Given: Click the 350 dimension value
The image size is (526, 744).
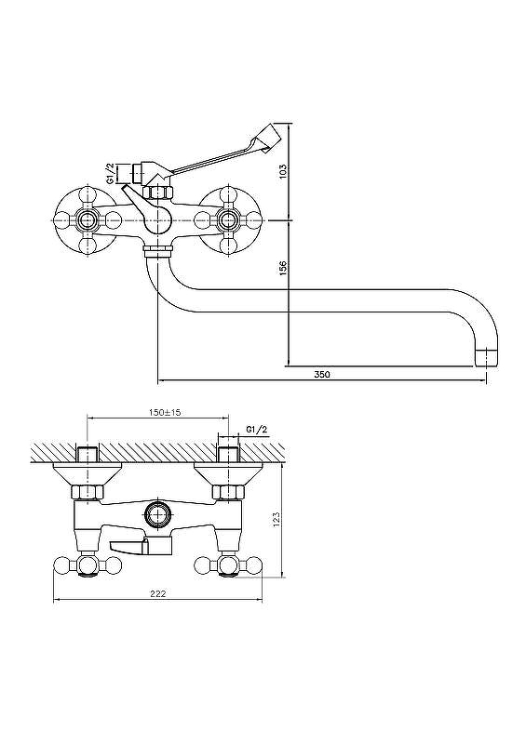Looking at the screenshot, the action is (322, 374).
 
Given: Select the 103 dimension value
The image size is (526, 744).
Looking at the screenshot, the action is (283, 171).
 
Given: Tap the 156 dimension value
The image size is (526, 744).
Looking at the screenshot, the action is (283, 268).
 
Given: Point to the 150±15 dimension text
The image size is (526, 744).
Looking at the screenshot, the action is (165, 412).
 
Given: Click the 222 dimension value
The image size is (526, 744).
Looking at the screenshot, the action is (157, 593).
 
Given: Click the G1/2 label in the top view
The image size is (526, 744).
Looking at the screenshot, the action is (110, 173).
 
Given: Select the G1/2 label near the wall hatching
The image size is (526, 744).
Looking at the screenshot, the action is (257, 430).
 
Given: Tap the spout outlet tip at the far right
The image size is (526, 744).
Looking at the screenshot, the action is (487, 358).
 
